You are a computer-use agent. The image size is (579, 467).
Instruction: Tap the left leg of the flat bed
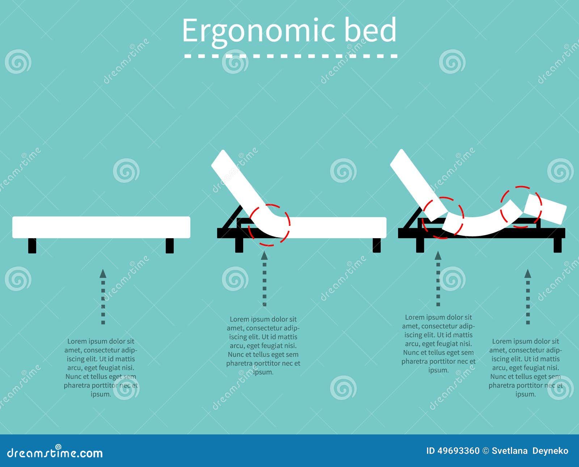(32, 246)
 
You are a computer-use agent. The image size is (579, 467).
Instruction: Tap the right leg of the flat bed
(169, 246)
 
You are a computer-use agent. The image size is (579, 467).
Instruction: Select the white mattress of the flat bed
(101, 227)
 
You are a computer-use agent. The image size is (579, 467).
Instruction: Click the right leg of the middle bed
(377, 245)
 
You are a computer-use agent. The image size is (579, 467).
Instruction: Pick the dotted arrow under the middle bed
(265, 279)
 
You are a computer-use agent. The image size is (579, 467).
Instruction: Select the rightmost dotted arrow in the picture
(528, 296)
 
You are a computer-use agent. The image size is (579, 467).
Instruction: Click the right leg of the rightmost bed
(558, 245)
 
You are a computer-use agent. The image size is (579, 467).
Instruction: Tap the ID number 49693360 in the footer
(458, 451)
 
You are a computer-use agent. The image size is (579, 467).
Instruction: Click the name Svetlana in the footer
(510, 451)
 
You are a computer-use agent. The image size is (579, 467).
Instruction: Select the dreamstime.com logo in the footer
(55, 452)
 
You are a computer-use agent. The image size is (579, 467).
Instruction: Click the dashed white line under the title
(291, 56)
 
